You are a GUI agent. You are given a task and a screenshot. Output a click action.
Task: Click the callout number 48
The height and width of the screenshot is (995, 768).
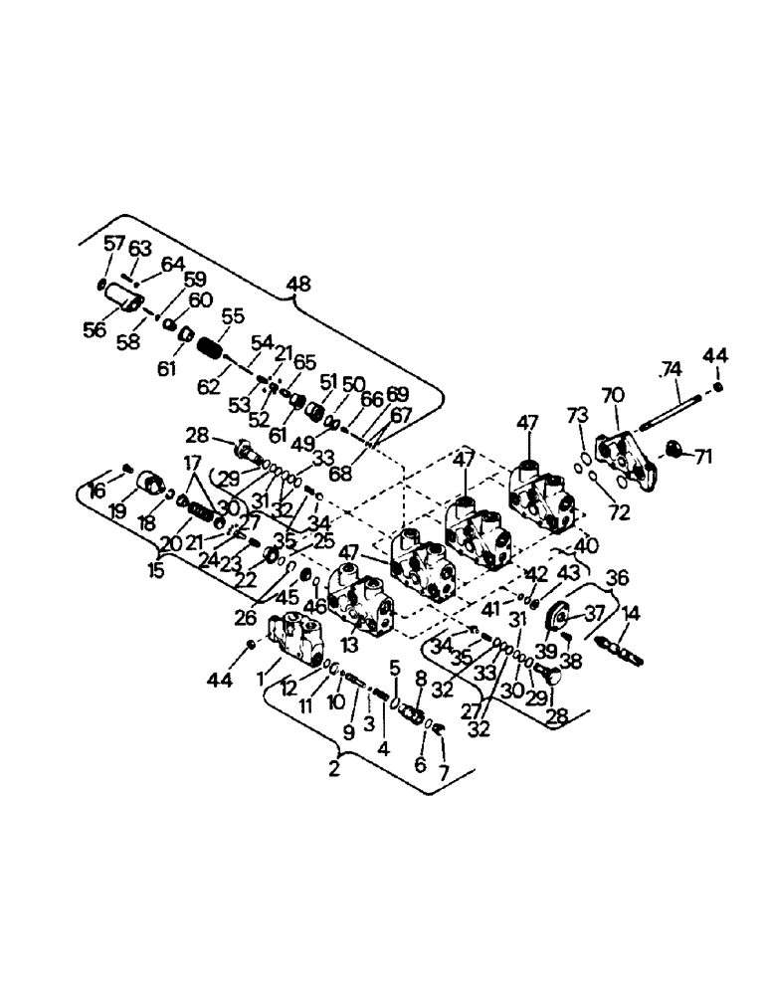tap(297, 284)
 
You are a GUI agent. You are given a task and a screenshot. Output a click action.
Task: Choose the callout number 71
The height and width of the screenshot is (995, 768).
tap(703, 458)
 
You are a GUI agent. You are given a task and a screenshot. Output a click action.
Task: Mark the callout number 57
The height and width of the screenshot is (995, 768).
tap(115, 244)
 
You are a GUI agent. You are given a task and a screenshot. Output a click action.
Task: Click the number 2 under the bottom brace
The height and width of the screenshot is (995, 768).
tap(335, 767)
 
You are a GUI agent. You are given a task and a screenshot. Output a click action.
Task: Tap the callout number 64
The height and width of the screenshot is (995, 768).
tap(173, 264)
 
